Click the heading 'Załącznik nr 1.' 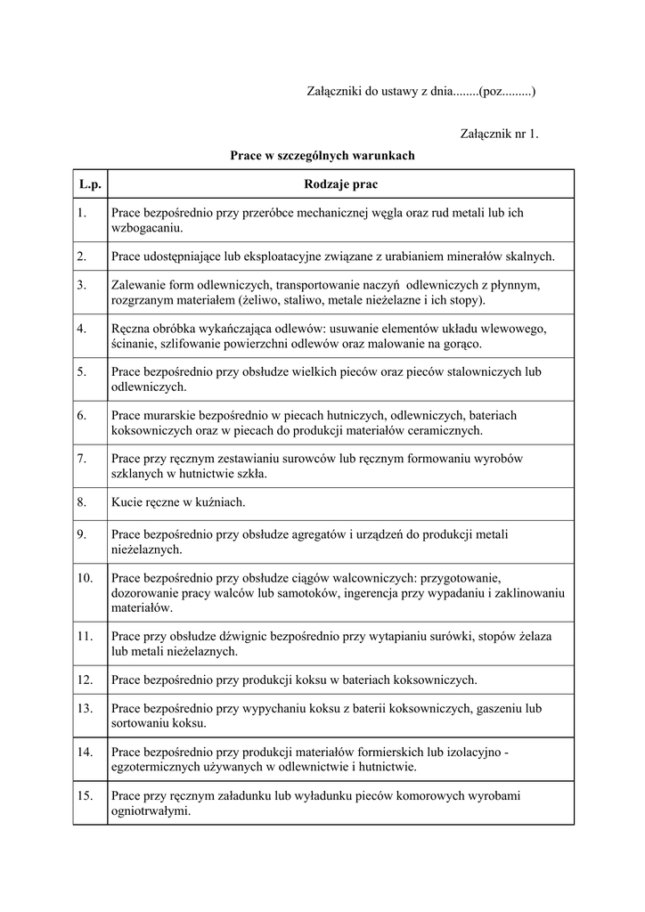point(500,134)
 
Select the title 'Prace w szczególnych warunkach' point(322,155)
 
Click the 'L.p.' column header point(90,184)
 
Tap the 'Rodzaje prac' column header point(339,184)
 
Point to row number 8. point(81,502)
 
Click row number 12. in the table point(86,680)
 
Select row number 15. point(86,795)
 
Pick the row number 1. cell point(81,212)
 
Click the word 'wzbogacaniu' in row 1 point(146,228)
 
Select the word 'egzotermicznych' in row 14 point(155,767)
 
